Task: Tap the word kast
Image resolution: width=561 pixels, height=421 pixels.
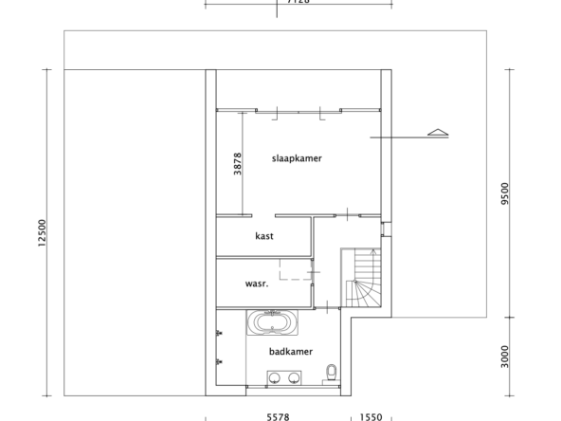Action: tap(264, 236)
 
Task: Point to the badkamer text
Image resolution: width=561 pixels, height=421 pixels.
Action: tap(290, 351)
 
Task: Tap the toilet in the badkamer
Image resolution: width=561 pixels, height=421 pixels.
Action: tap(332, 371)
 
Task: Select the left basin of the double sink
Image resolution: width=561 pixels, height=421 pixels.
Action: tap(274, 379)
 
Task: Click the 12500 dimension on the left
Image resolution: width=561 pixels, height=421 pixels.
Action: tap(42, 231)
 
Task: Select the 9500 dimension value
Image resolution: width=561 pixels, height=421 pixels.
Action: tap(507, 193)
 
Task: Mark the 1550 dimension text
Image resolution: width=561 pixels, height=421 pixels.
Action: tap(371, 416)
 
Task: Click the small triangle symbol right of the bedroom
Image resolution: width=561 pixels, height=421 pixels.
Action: tap(437, 133)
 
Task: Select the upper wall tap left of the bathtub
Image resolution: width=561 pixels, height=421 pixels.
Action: tap(219, 334)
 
